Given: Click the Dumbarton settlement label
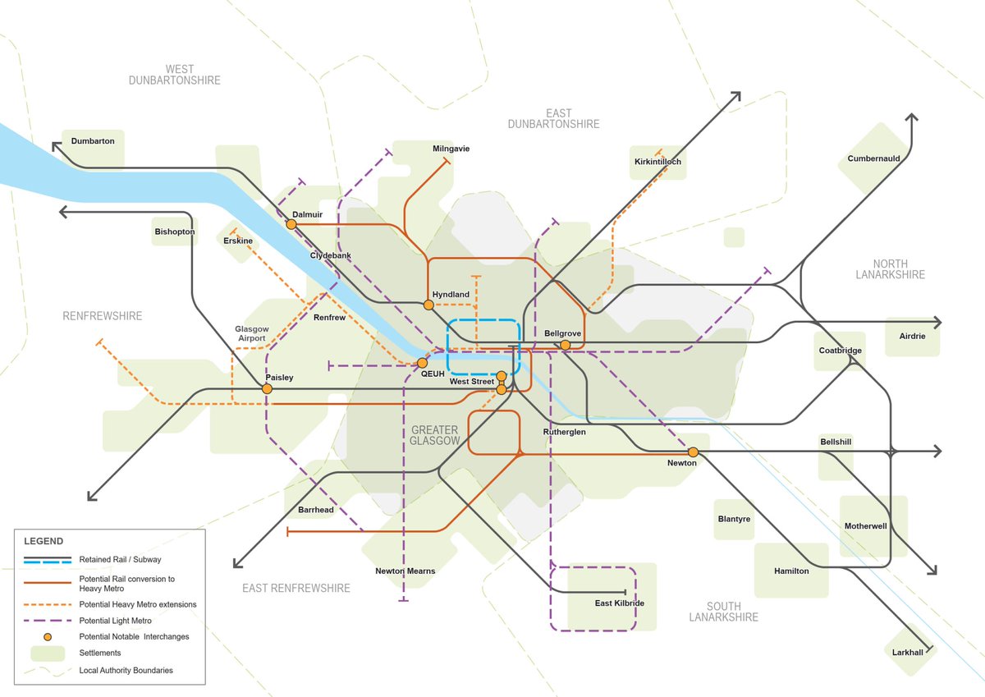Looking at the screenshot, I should (x=93, y=141).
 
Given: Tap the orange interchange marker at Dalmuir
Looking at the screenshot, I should (x=291, y=223).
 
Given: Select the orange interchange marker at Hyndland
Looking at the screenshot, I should (x=428, y=305).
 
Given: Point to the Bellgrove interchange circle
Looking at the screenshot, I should (x=566, y=345).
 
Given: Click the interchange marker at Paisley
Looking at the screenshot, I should (x=267, y=389).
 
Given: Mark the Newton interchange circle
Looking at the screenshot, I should (x=694, y=452).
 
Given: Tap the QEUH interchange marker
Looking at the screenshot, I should (x=423, y=363).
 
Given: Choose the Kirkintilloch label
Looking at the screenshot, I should (x=657, y=162).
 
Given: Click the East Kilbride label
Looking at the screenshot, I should (x=619, y=603).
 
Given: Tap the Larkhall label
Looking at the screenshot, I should (x=908, y=652).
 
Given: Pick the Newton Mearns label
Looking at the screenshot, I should (x=405, y=571).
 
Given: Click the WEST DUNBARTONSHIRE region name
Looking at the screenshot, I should (x=175, y=75).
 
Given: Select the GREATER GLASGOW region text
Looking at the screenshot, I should (x=435, y=435).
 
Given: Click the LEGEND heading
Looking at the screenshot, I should (x=43, y=541).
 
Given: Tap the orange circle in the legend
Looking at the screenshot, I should (x=48, y=637).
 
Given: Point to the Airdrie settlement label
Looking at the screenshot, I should (x=912, y=336).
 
